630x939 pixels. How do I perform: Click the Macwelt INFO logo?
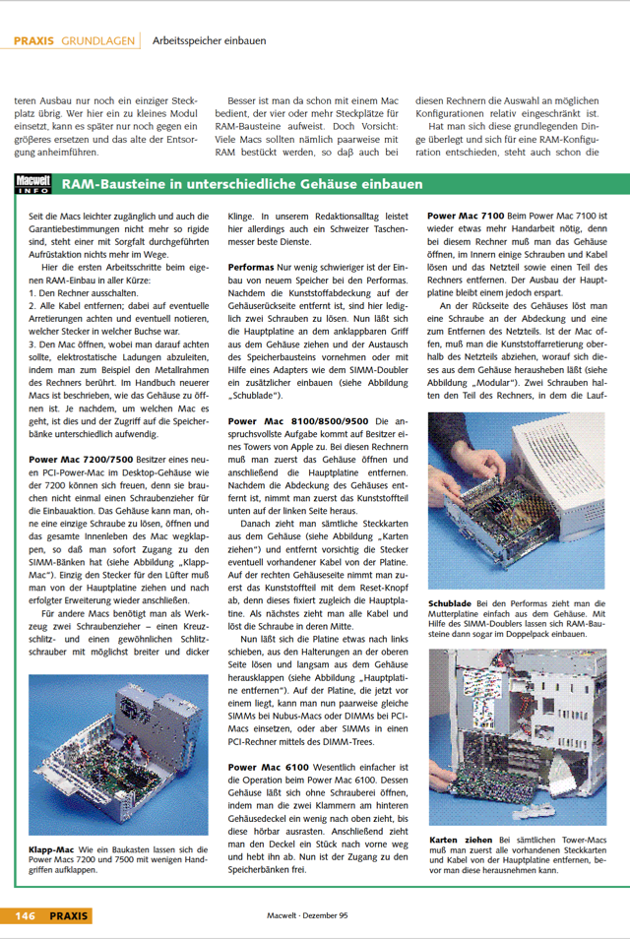coord(34,184)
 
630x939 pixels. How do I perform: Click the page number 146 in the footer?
coord(25,915)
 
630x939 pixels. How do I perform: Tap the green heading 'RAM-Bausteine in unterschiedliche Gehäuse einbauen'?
coord(242,185)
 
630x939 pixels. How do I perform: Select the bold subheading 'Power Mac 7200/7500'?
coord(81,459)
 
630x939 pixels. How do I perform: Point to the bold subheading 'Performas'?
coord(251,267)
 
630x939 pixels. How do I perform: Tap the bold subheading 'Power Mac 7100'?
coord(466,216)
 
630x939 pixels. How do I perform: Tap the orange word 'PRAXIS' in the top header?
coord(33,41)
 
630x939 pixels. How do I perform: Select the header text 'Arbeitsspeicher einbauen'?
coord(209,41)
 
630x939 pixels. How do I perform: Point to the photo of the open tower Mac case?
coord(516,737)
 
